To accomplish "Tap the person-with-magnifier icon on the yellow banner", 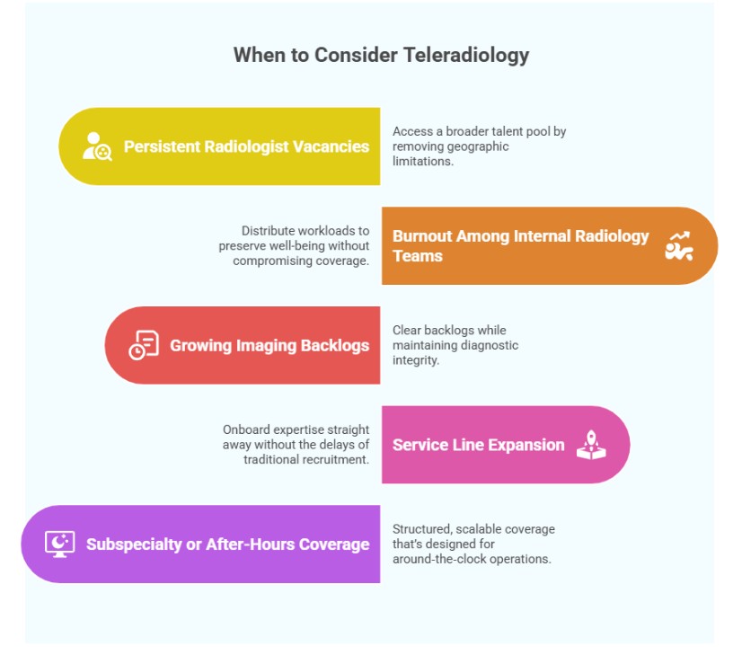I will (97, 146).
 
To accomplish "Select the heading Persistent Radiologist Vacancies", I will (246, 146).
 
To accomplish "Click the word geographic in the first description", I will (477, 146).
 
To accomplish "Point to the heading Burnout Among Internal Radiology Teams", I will (520, 245).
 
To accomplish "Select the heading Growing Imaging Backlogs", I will (269, 345).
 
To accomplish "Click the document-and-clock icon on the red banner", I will (144, 345).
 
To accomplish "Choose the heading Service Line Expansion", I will (478, 445).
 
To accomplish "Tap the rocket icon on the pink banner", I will (590, 444).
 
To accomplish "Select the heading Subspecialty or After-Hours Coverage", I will (227, 544).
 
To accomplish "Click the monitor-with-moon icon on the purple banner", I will (59, 544).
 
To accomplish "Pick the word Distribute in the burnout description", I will (269, 231).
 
